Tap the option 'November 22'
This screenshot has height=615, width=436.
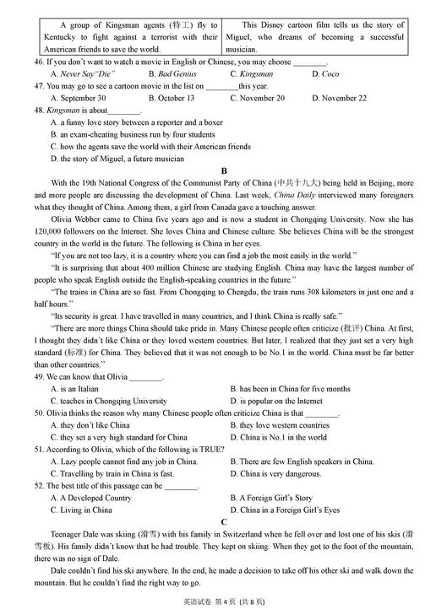point(344,98)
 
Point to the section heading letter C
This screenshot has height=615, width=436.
point(224,522)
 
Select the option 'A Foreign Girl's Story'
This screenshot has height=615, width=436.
point(275,498)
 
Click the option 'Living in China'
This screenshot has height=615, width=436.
point(86,510)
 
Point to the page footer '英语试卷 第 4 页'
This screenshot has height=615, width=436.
point(205,602)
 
